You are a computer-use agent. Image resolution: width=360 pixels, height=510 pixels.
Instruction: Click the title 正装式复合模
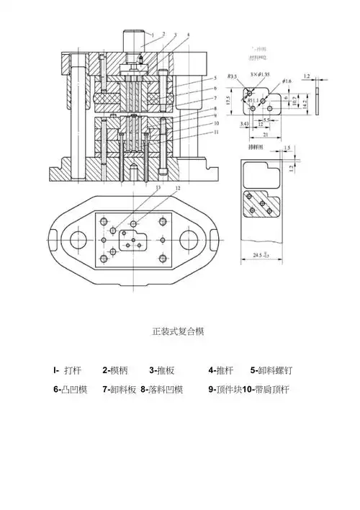pos(179,332)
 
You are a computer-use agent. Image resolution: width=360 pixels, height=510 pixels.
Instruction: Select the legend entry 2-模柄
pos(115,371)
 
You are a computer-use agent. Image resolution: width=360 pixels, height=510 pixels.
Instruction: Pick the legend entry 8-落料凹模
pos(162,390)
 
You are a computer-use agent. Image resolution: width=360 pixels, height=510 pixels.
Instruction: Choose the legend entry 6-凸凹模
pos(70,390)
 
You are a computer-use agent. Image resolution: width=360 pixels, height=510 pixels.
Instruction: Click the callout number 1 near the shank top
pos(151,35)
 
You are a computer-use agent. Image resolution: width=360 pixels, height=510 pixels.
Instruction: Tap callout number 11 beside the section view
pos(216,133)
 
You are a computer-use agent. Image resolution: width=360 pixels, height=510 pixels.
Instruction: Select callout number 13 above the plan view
pos(158,189)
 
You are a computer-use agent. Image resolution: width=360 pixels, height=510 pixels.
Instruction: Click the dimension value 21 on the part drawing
pos(266,134)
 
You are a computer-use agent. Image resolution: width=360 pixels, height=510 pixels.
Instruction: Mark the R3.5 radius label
pos(233,76)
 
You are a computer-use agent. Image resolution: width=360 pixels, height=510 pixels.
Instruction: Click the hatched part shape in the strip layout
pos(261,204)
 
